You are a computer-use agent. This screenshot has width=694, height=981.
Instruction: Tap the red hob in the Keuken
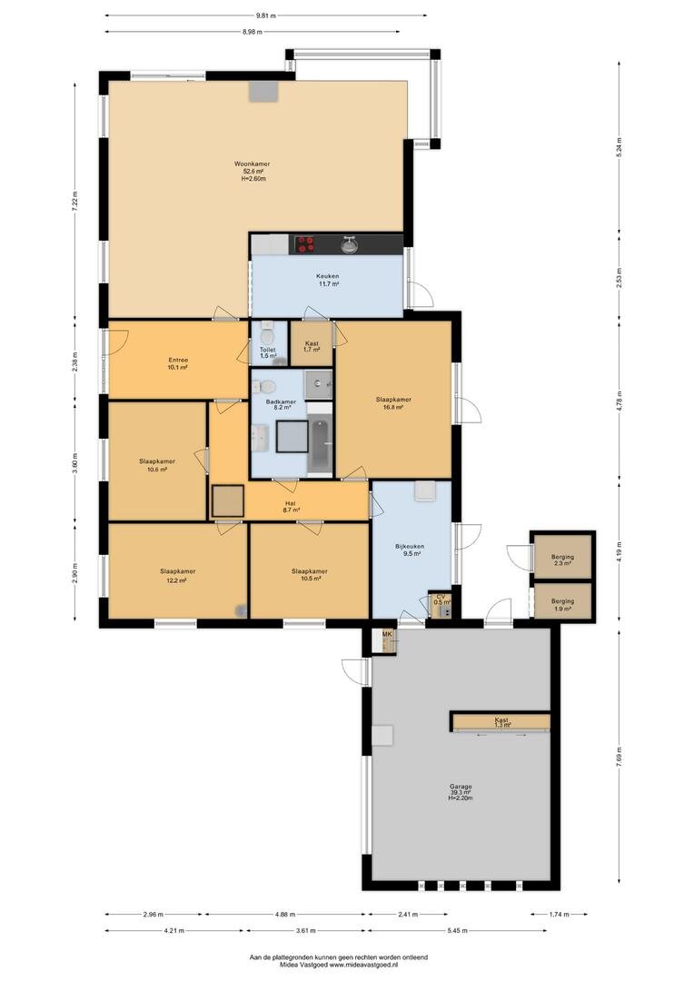coord(305,244)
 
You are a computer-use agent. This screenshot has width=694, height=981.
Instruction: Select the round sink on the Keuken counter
coord(350,244)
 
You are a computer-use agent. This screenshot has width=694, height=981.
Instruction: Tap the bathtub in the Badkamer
coord(320,445)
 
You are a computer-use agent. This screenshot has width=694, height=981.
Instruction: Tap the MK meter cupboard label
coord(387,635)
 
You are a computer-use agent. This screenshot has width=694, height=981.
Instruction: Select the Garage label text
coord(461,787)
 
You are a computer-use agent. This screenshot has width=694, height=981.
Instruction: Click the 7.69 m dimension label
coord(619,757)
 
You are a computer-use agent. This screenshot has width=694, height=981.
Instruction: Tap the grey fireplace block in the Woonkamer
coord(263,92)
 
